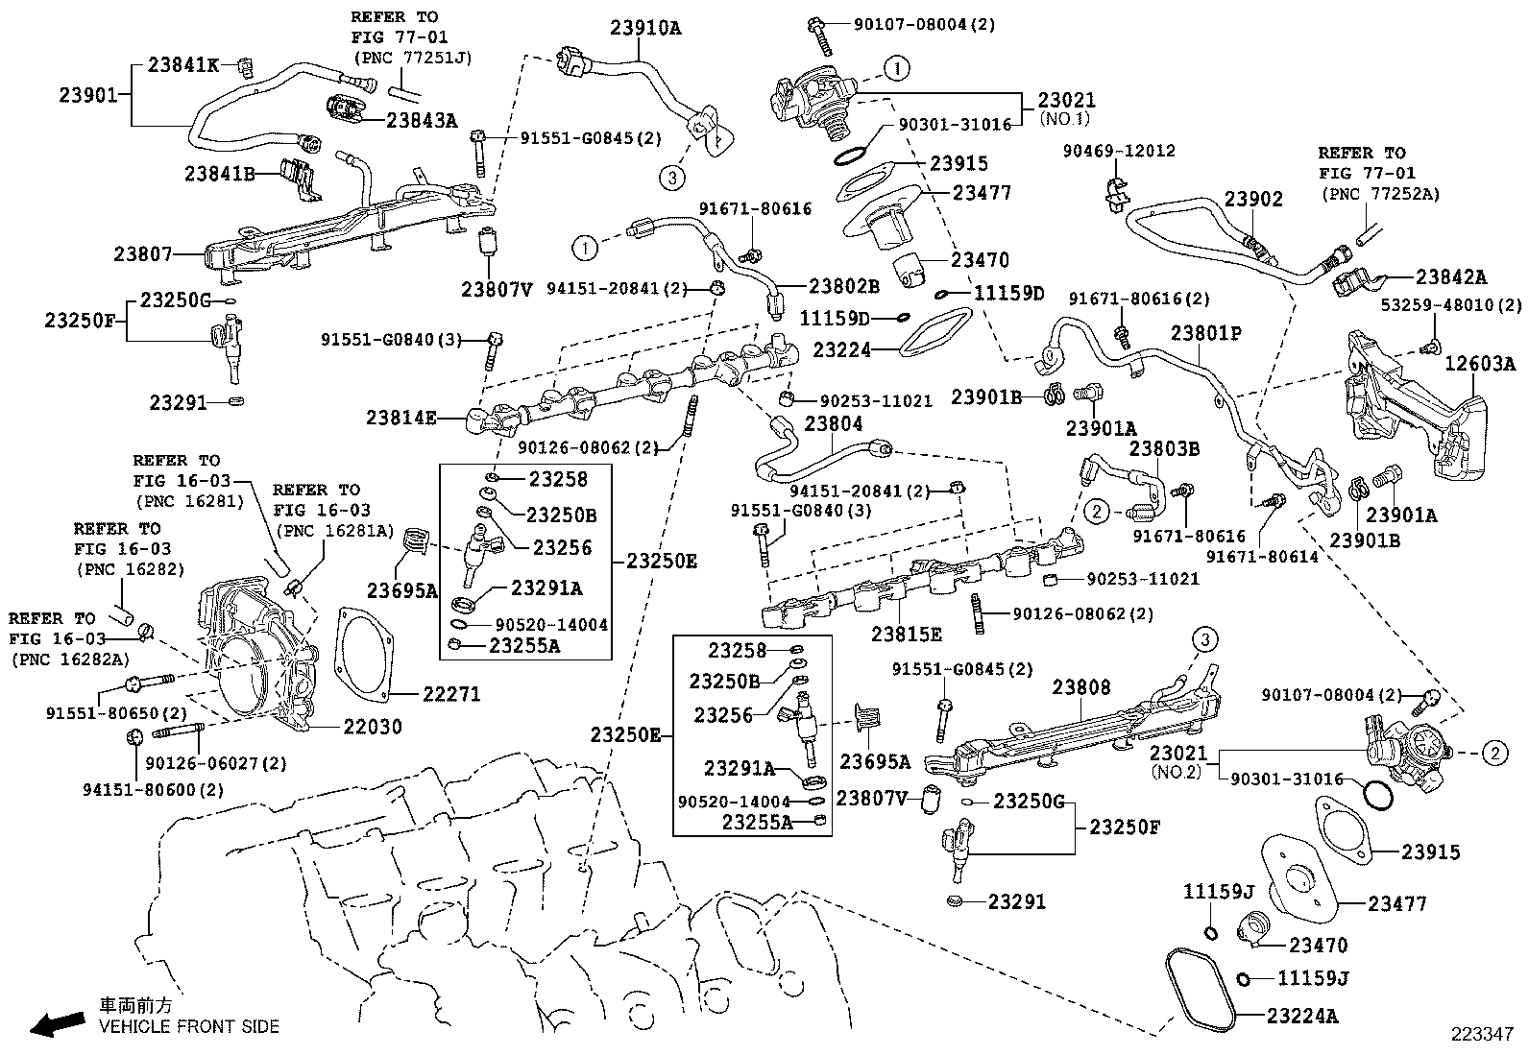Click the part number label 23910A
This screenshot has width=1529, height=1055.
tap(644, 28)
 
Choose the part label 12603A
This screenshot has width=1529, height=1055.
tap(1480, 363)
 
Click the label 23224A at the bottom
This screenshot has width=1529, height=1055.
tap(1301, 1016)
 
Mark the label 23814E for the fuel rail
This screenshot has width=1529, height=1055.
tap(401, 418)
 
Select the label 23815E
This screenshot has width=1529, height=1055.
tap(907, 635)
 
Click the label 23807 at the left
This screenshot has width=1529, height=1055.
tap(143, 254)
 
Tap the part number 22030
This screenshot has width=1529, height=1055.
tap(373, 727)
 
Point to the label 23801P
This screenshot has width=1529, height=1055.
tap(1205, 333)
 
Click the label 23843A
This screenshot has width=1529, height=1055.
tap(422, 120)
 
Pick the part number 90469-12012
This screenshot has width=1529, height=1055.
tap(1118, 151)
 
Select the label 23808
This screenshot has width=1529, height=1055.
tap(1080, 687)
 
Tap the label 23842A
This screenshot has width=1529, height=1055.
tap(1450, 277)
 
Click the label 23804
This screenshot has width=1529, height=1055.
tap(833, 423)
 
